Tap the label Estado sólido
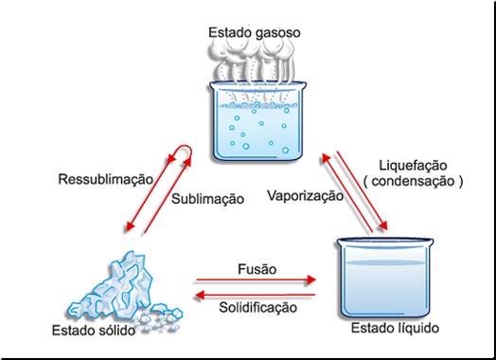click(x=92, y=331)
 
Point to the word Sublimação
click(x=207, y=199)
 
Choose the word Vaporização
click(x=304, y=198)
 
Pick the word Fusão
click(x=257, y=269)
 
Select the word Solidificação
click(x=257, y=307)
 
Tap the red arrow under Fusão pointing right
click(x=254, y=281)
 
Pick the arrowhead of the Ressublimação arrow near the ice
click(x=131, y=228)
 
